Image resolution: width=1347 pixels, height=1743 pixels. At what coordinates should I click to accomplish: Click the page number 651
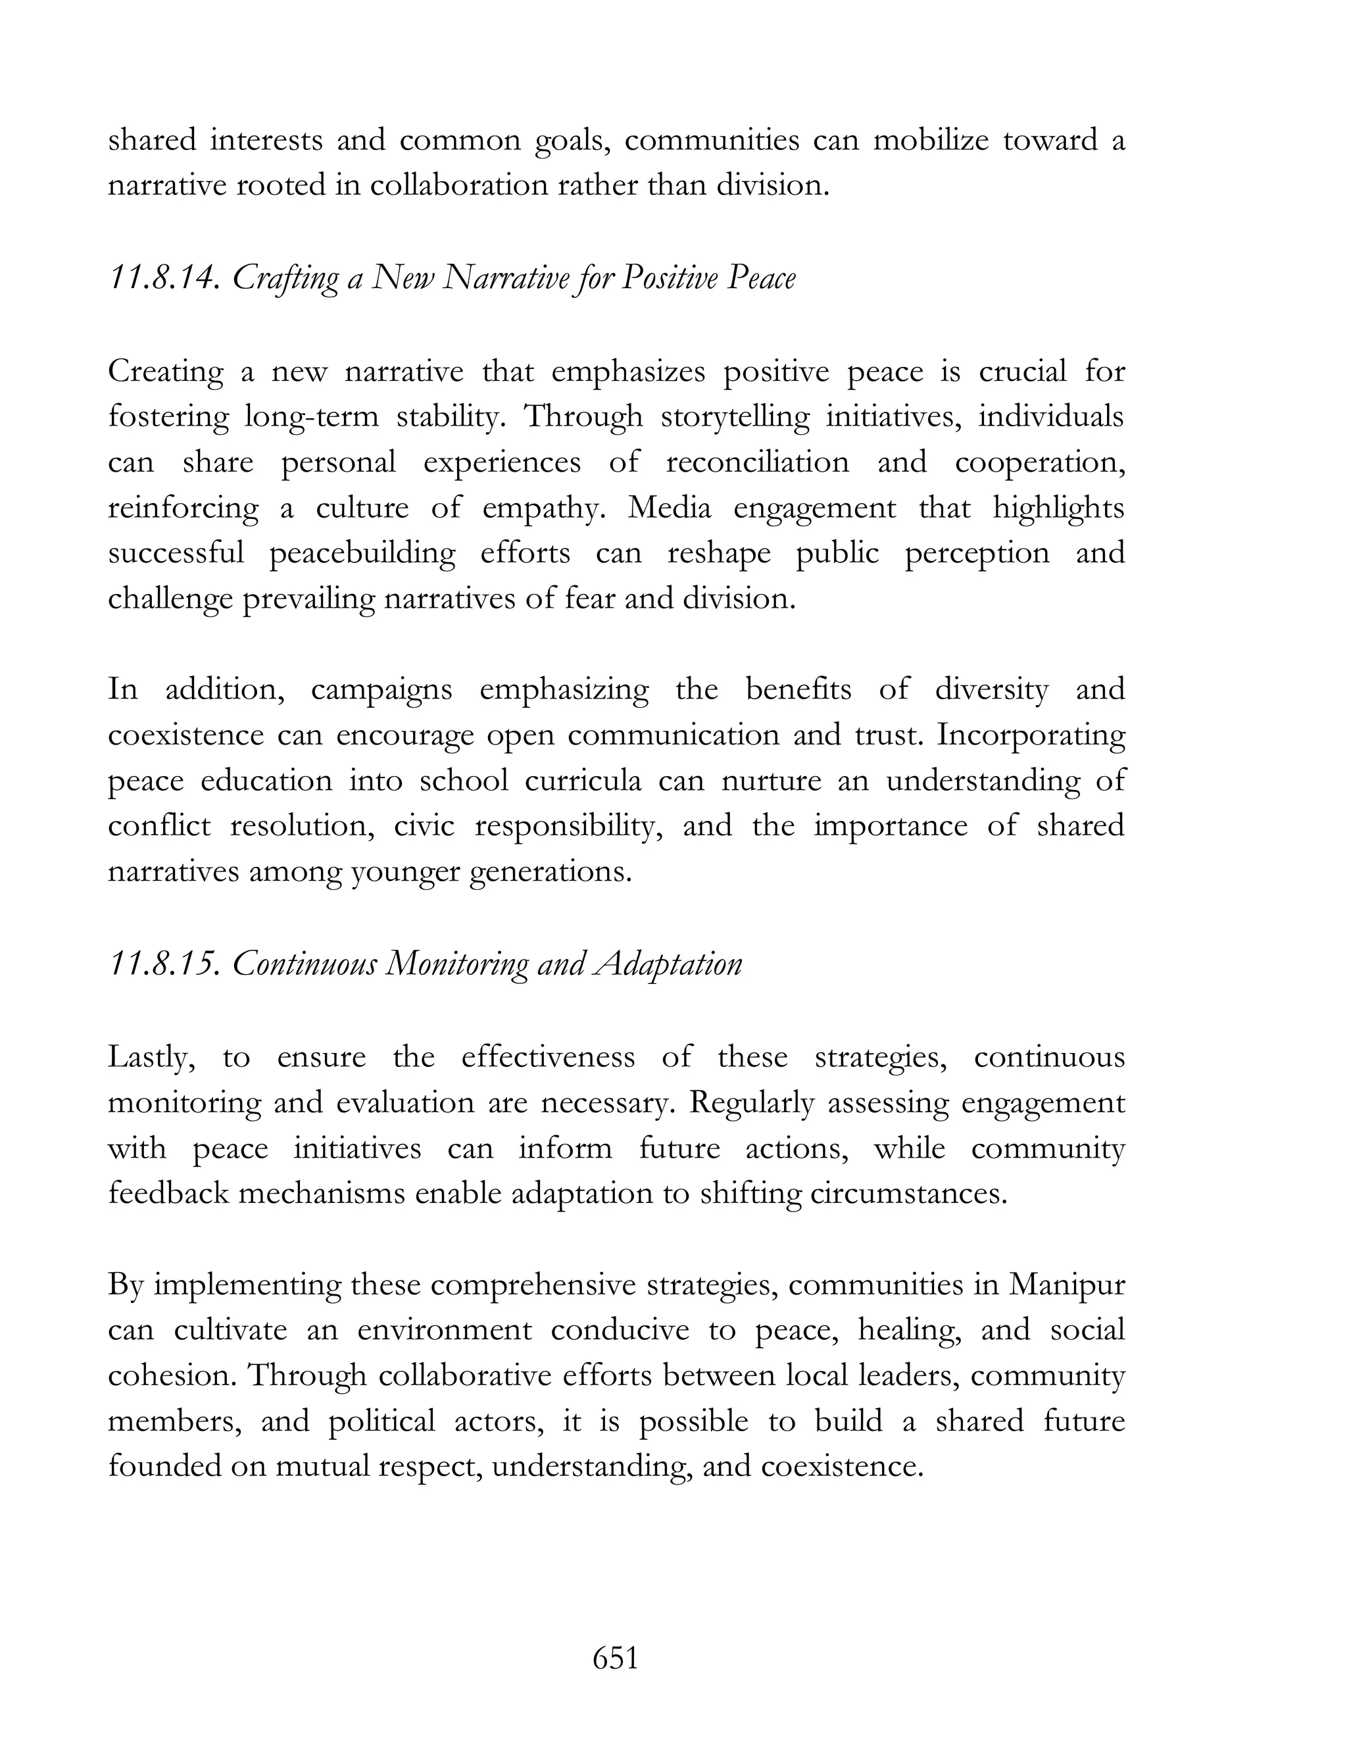(x=615, y=1657)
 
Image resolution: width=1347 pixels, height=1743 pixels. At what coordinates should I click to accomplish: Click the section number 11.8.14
(x=163, y=278)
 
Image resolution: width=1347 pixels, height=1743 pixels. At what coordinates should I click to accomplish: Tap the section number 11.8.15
(x=163, y=964)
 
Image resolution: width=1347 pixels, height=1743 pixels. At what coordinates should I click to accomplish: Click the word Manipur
(x=1066, y=1284)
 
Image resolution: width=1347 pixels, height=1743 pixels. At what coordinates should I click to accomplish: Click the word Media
(x=669, y=508)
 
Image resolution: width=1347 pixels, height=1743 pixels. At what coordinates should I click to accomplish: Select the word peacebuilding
(x=362, y=554)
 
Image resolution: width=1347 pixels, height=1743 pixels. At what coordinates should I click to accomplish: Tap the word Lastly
(x=152, y=1057)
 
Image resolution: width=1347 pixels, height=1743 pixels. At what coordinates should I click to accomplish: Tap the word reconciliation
(x=757, y=462)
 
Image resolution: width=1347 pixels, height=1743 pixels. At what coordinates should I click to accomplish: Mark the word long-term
(x=311, y=416)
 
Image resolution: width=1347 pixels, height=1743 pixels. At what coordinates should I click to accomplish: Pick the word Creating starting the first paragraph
(x=166, y=371)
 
